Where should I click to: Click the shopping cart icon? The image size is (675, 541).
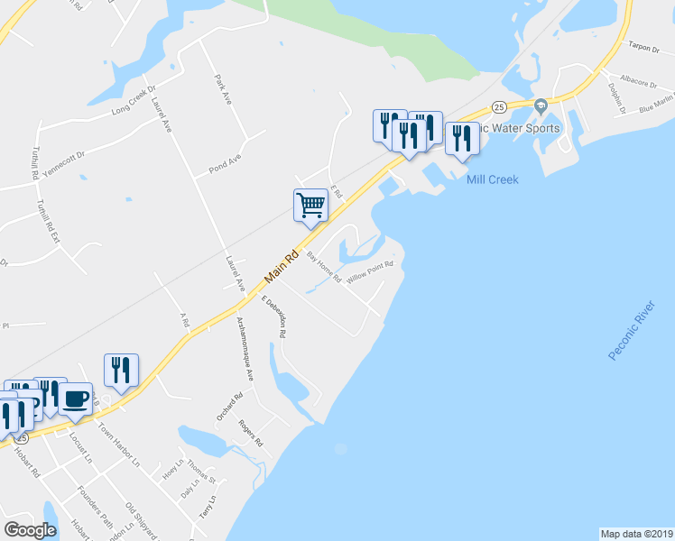(310, 206)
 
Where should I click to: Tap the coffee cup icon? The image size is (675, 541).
(76, 398)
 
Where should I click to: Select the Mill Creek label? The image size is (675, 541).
(493, 179)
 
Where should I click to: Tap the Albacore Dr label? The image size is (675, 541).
(640, 82)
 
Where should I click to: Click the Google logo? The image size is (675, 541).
(30, 530)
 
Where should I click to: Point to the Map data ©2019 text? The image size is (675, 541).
(635, 533)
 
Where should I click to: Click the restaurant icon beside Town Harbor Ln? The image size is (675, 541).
(121, 369)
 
